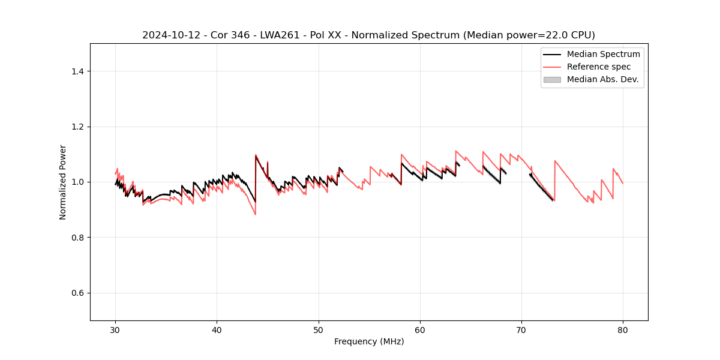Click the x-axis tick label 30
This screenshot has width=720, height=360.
click(115, 329)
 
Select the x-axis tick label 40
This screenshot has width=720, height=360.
click(217, 329)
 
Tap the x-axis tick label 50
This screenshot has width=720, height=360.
click(318, 329)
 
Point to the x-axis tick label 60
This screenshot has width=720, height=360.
click(420, 329)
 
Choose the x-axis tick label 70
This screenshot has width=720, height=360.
click(521, 329)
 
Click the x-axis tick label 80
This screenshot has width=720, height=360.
click(623, 329)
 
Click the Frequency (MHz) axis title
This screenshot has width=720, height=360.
click(369, 341)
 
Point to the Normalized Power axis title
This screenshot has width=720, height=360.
click(63, 182)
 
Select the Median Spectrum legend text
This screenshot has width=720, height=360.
click(603, 54)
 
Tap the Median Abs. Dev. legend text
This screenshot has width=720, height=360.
click(603, 79)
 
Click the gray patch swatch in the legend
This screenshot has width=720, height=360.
click(552, 79)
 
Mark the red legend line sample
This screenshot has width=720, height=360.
click(552, 67)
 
